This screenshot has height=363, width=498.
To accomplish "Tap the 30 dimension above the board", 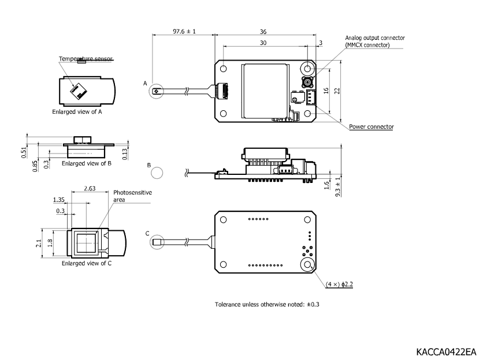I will [x=263, y=43].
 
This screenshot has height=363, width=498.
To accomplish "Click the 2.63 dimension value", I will [x=90, y=188].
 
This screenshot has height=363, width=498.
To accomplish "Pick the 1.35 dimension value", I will [x=58, y=200].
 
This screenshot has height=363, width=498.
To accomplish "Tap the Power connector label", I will [x=371, y=126].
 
